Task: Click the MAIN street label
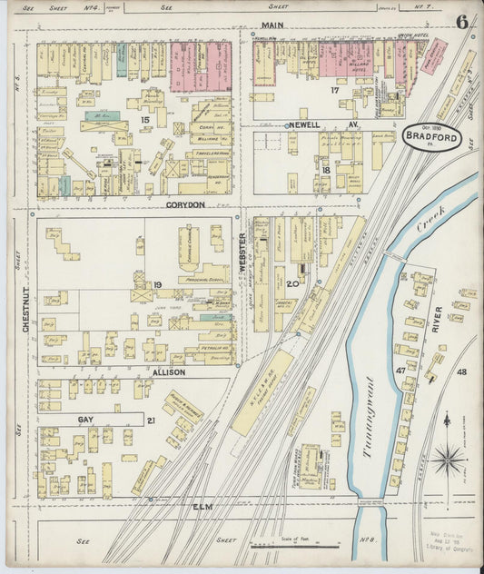[271, 25]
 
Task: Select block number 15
[143, 118]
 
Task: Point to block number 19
[157, 286]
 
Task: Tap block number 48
[461, 371]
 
